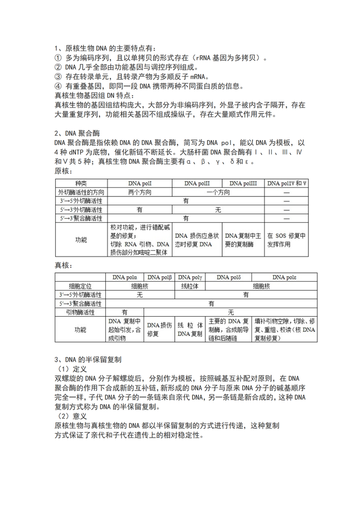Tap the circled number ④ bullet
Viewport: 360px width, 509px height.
(58, 86)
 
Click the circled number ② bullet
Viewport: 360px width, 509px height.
(58, 67)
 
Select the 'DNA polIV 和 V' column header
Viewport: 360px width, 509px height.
(287, 184)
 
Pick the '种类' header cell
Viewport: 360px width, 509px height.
(81, 184)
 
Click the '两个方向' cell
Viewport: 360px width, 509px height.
(139, 192)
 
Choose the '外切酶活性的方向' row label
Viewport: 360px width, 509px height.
(81, 192)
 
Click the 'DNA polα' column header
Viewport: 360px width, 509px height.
(125, 277)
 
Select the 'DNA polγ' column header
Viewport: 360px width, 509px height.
(191, 277)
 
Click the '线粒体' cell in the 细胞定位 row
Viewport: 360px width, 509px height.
(191, 286)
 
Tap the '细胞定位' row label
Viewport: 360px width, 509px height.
(80, 286)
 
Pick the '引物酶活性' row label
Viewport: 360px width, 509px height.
(80, 312)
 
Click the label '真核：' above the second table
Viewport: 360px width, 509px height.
(64, 264)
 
